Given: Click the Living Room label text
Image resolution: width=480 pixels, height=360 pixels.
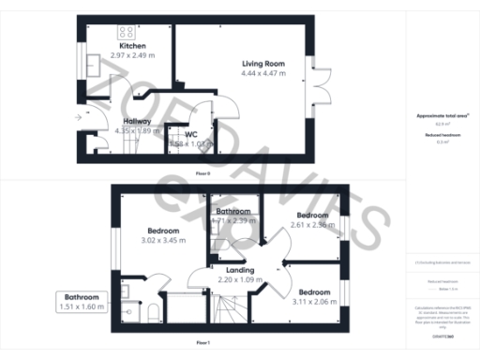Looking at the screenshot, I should point(262,64).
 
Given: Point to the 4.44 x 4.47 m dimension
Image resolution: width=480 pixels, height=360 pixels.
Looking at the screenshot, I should point(262,73).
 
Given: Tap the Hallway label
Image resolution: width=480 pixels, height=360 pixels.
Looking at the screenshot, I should point(139,121).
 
